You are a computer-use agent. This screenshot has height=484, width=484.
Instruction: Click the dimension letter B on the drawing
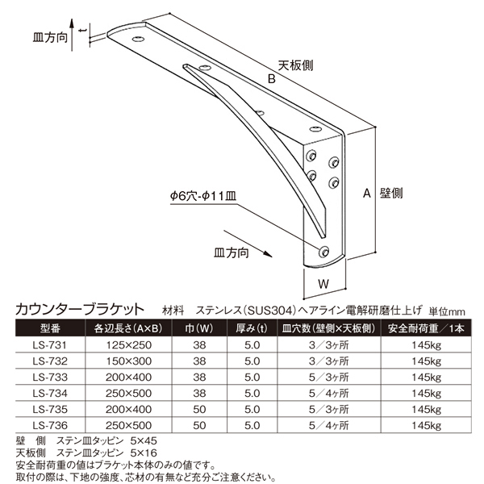pyautogui.click(x=271, y=79)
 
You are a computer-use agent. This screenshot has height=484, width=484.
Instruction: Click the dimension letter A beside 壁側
pyautogui.click(x=366, y=194)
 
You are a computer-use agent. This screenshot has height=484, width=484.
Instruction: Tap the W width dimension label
pyautogui.click(x=323, y=284)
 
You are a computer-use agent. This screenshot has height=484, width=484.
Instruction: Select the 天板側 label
pyautogui.click(x=295, y=65)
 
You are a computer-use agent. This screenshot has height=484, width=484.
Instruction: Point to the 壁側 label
pyautogui.click(x=391, y=194)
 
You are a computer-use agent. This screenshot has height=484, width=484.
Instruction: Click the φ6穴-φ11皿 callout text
pyautogui.click(x=203, y=196)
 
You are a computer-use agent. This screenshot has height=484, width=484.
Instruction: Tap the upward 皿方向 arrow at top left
pyautogui.click(x=72, y=35)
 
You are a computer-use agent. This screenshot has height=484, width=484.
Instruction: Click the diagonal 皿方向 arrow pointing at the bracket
pyautogui.click(x=248, y=244)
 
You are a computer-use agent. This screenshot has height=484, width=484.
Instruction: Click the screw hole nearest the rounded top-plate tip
pyautogui.click(x=139, y=39)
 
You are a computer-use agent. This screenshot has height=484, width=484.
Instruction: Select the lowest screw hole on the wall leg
pyautogui.click(x=323, y=252)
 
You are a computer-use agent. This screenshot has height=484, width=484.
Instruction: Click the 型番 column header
pyautogui.click(x=50, y=328)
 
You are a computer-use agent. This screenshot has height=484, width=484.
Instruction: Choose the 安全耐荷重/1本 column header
pyautogui.click(x=426, y=328)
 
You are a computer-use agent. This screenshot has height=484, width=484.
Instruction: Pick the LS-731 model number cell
pyautogui.click(x=50, y=344)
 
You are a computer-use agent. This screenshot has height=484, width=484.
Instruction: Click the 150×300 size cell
pyautogui.click(x=129, y=361)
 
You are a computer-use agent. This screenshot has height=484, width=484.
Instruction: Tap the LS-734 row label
pyautogui.click(x=50, y=393)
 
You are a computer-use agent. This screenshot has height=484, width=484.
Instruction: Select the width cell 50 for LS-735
pyautogui.click(x=199, y=409)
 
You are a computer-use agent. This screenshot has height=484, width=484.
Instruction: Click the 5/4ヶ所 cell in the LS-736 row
pyautogui.click(x=329, y=425)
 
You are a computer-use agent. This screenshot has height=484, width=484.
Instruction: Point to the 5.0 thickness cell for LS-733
pyautogui.click(x=252, y=377)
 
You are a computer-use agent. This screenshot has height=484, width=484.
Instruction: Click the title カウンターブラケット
pyautogui.click(x=80, y=309)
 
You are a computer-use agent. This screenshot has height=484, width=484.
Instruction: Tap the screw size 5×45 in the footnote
pyautogui.click(x=144, y=440)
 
